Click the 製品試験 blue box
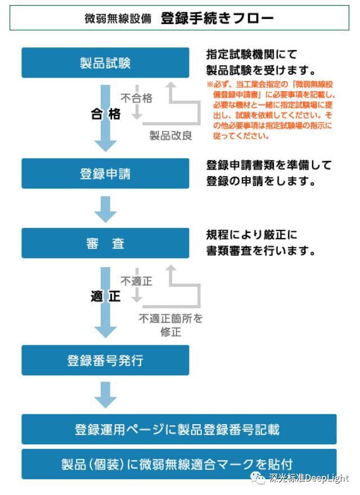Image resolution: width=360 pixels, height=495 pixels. click(105, 62)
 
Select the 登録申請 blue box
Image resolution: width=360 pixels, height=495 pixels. click(105, 173)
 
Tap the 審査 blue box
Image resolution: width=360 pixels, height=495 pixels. click(105, 243)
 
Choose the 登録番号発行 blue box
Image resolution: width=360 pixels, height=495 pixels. click(105, 360)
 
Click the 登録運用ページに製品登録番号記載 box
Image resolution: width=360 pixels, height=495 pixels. click(179, 429)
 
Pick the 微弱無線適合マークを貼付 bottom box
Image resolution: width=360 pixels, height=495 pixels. click(179, 464)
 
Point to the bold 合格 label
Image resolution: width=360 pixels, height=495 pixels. click(106, 114)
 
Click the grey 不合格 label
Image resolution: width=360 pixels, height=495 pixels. click(137, 98)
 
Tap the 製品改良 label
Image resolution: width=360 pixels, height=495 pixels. click(170, 136)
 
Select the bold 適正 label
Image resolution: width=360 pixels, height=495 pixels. click(106, 296)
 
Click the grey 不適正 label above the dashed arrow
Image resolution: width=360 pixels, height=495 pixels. click(137, 281)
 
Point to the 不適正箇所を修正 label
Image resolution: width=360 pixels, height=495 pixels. click(170, 325)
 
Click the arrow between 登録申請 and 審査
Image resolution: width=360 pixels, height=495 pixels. click(106, 209)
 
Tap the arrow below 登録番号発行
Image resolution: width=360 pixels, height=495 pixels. click(106, 395)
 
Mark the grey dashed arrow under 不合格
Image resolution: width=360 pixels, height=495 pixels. click(137, 102)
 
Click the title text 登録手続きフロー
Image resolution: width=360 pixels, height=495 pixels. click(217, 18)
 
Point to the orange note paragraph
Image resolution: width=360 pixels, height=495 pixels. click(271, 110)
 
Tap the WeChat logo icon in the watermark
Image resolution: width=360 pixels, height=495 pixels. click(258, 478)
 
